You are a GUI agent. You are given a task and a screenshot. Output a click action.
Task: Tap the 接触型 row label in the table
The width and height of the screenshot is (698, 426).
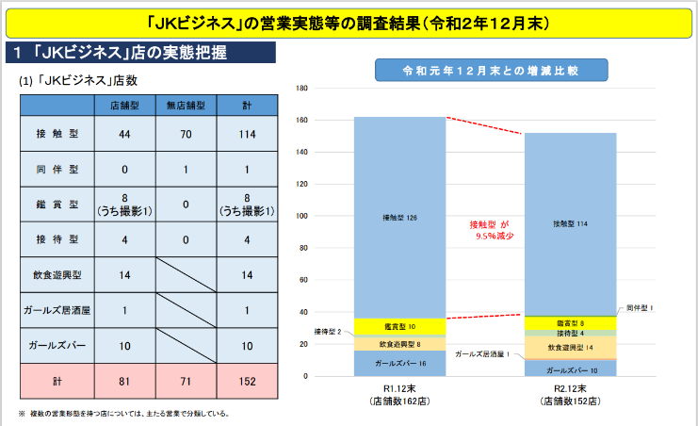[55, 135]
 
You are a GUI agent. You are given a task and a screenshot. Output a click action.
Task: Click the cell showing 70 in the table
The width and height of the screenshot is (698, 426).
[186, 135]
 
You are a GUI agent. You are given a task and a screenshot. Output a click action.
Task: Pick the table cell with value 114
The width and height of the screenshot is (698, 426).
[247, 135]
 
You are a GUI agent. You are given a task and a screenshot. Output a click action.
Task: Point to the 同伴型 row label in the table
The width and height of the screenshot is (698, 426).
[55, 170]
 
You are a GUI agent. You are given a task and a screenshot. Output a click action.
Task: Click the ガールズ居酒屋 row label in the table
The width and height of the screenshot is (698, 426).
[55, 310]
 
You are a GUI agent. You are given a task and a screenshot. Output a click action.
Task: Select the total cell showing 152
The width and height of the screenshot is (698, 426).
[247, 381]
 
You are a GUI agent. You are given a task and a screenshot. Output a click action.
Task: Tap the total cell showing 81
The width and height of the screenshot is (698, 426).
[124, 381]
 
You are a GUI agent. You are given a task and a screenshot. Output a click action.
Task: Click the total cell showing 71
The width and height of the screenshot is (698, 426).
[186, 381]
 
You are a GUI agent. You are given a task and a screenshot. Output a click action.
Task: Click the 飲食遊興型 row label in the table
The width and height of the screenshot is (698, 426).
[55, 274]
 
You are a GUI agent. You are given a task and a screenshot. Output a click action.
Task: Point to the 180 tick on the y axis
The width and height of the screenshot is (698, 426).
[302, 89]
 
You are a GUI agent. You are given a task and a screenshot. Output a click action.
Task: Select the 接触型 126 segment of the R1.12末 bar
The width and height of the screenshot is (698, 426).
[399, 218]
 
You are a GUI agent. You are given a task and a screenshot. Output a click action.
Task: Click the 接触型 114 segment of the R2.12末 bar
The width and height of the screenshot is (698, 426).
[570, 224]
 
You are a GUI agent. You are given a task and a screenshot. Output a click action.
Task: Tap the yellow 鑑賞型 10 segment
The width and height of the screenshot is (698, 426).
[399, 326]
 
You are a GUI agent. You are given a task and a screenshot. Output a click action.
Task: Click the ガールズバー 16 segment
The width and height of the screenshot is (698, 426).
[399, 363]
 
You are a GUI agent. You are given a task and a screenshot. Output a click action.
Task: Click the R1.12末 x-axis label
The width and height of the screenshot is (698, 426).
[399, 389]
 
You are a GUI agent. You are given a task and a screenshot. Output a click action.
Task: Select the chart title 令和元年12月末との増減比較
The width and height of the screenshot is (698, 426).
[490, 70]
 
